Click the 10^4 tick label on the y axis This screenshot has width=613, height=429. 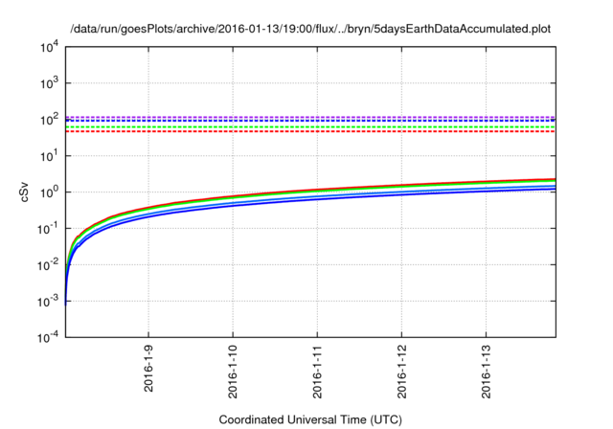(x=47, y=46)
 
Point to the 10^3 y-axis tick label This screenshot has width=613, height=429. (x=47, y=82)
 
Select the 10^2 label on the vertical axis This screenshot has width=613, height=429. (x=47, y=119)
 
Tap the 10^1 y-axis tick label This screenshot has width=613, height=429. (x=47, y=155)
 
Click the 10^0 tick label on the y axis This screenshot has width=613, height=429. (x=47, y=192)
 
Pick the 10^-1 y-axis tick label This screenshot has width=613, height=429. (x=46, y=228)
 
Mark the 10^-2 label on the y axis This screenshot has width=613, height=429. (x=46, y=264)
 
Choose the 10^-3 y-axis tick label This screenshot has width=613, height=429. (x=46, y=301)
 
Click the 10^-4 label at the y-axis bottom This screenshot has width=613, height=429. (x=46, y=337)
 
